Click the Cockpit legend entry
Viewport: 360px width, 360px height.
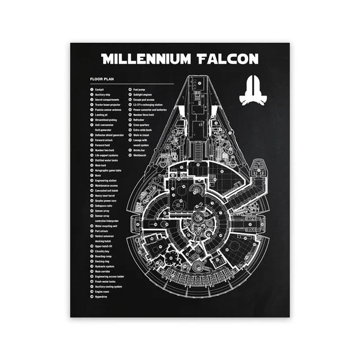pos(99,89)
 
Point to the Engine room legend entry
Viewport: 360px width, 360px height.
pos(102,291)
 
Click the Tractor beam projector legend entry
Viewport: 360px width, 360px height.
pos(108,105)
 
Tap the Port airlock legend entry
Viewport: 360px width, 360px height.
pos(102,231)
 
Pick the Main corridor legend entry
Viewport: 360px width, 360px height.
pos(103,271)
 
